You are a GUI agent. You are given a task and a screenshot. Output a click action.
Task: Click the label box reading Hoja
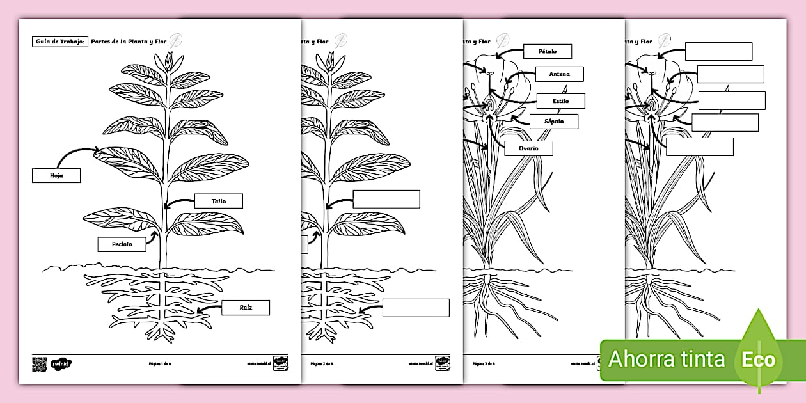[56, 175]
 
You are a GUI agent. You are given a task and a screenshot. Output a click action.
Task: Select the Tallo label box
[219, 201]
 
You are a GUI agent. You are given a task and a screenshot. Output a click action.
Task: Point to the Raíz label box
[246, 308]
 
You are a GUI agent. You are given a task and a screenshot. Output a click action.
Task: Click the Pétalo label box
[547, 51]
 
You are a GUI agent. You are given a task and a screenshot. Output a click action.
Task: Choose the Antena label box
[559, 74]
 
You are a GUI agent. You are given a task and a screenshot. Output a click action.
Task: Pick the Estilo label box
[560, 101]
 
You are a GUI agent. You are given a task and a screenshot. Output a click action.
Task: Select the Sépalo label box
[554, 121]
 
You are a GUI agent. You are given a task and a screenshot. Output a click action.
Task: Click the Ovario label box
[528, 148]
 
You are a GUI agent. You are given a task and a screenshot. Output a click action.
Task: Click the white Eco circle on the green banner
[758, 359]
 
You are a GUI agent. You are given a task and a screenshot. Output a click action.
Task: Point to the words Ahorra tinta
[667, 359]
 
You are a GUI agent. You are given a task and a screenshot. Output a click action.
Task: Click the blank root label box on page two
[416, 308]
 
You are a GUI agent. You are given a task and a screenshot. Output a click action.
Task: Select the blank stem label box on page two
[386, 199]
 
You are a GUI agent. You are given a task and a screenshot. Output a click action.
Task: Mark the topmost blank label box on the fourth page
[718, 51]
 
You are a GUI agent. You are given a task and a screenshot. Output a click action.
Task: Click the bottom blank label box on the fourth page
[700, 146]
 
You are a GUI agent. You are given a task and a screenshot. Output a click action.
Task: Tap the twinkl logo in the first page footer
[61, 364]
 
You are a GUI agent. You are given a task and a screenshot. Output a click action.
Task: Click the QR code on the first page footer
[40, 364]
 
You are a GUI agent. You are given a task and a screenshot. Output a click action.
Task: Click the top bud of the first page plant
[169, 61]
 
